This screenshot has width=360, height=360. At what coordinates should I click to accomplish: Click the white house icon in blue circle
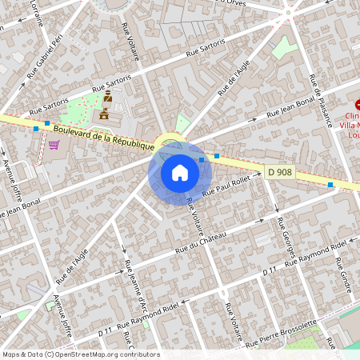[x=179, y=172]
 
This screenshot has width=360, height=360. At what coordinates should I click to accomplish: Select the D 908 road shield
[x=279, y=172]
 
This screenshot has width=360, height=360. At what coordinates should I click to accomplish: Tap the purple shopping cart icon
[x=54, y=145]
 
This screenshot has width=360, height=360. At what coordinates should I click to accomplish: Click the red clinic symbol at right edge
[x=358, y=104]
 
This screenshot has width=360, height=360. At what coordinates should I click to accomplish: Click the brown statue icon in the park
[x=106, y=97]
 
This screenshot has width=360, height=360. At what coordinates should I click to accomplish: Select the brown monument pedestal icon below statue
[x=103, y=116]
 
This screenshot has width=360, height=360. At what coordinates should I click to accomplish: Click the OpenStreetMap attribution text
[x=80, y=354]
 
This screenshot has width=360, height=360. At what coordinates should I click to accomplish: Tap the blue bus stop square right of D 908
[x=330, y=185]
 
